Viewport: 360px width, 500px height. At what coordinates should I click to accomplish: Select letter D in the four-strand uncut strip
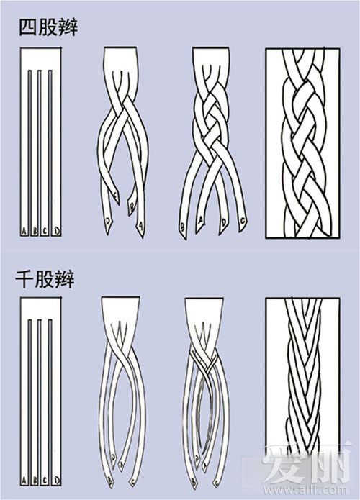[x=57, y=230]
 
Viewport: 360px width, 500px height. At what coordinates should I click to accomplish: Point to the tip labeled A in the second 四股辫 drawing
[x=140, y=225]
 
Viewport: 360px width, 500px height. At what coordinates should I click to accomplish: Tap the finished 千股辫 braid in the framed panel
[x=302, y=374]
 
